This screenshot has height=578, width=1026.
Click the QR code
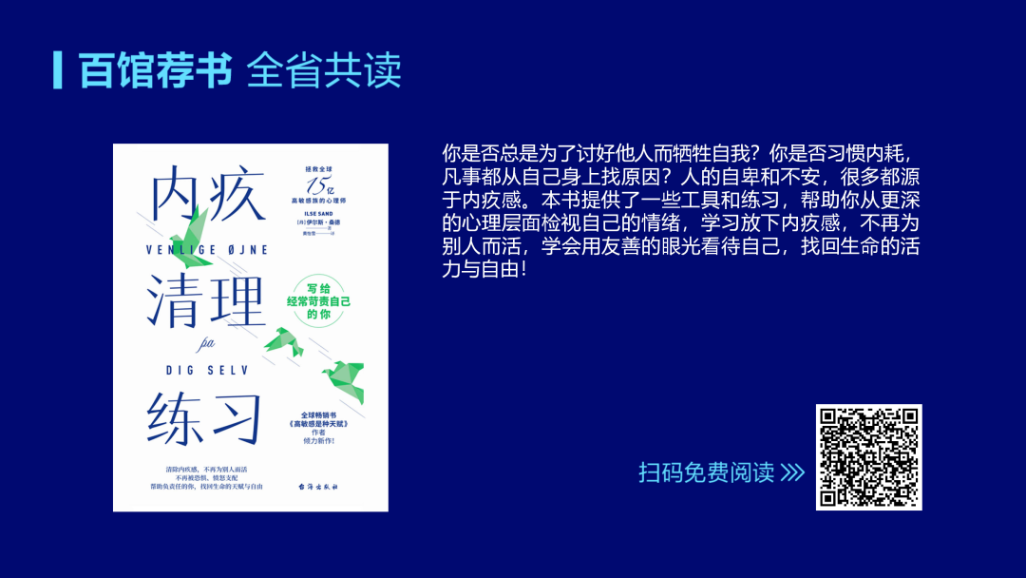(868, 457)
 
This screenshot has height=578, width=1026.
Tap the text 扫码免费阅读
(706, 472)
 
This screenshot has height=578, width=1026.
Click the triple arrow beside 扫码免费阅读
(792, 472)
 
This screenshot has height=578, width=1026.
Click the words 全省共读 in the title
(324, 71)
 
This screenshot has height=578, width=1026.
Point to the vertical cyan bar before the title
(59, 69)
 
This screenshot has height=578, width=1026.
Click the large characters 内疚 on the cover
(203, 197)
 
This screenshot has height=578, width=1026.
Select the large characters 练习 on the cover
(203, 415)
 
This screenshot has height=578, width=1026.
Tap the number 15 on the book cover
(314, 185)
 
